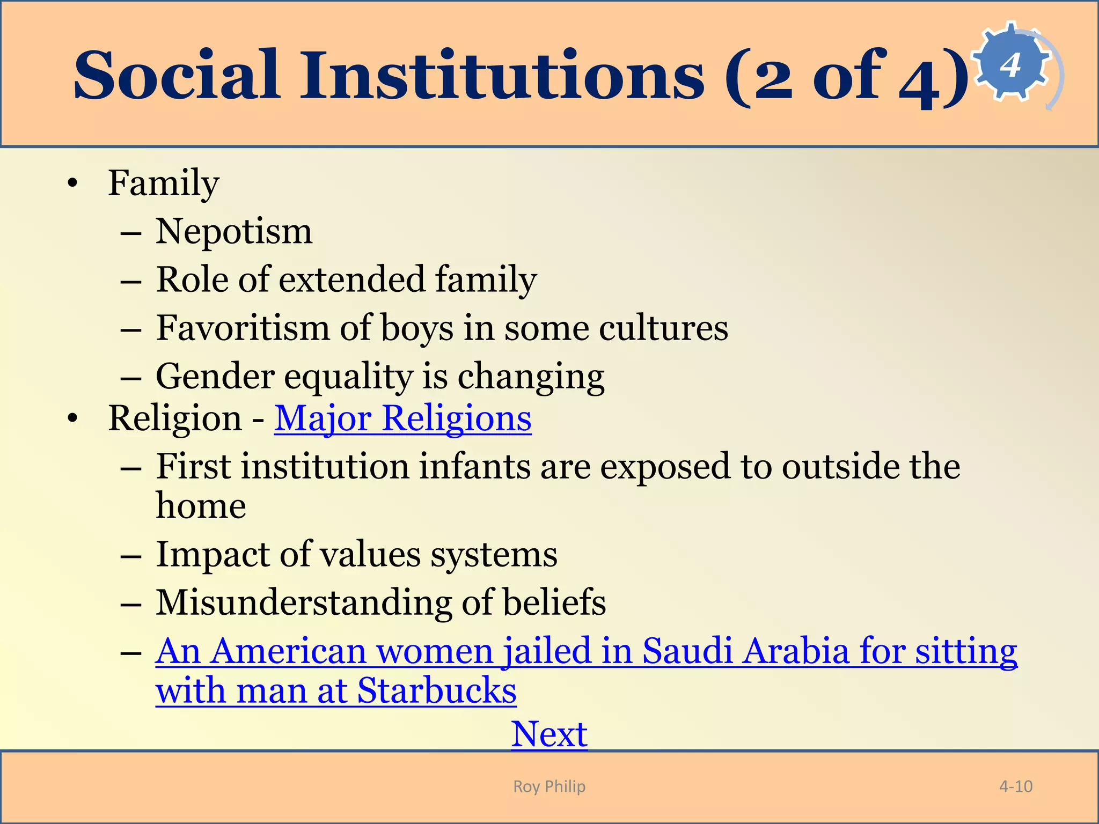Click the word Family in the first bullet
click(x=164, y=183)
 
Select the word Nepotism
click(x=233, y=232)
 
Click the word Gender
click(x=215, y=377)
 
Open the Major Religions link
click(x=402, y=418)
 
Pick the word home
click(x=201, y=506)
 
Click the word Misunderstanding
click(x=304, y=602)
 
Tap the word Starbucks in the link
click(x=436, y=690)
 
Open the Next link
click(x=549, y=734)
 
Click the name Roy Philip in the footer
click(x=549, y=786)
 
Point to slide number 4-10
click(x=1015, y=786)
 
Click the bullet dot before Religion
click(x=73, y=418)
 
